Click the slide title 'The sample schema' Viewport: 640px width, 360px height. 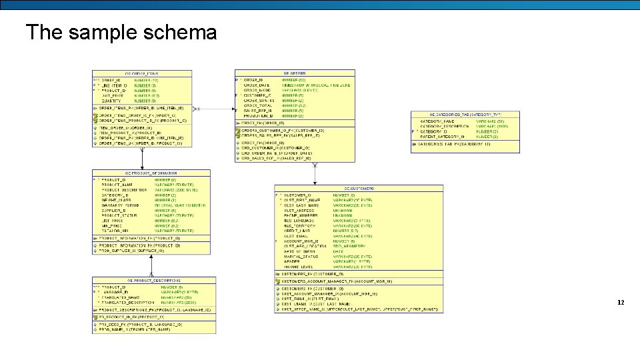121,32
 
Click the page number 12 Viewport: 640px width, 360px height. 621,303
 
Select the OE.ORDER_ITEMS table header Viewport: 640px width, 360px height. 142,73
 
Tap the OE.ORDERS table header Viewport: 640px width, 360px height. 295,73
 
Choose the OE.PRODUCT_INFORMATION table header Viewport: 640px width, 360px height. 151,173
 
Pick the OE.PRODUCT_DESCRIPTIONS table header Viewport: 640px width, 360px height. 154,281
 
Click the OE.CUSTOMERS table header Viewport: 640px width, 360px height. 359,188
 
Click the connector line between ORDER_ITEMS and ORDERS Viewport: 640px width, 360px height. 213,108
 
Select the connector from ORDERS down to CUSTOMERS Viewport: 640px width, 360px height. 315,173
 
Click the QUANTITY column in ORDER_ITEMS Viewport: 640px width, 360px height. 112,101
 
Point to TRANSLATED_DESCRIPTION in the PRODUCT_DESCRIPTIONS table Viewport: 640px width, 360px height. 125,302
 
